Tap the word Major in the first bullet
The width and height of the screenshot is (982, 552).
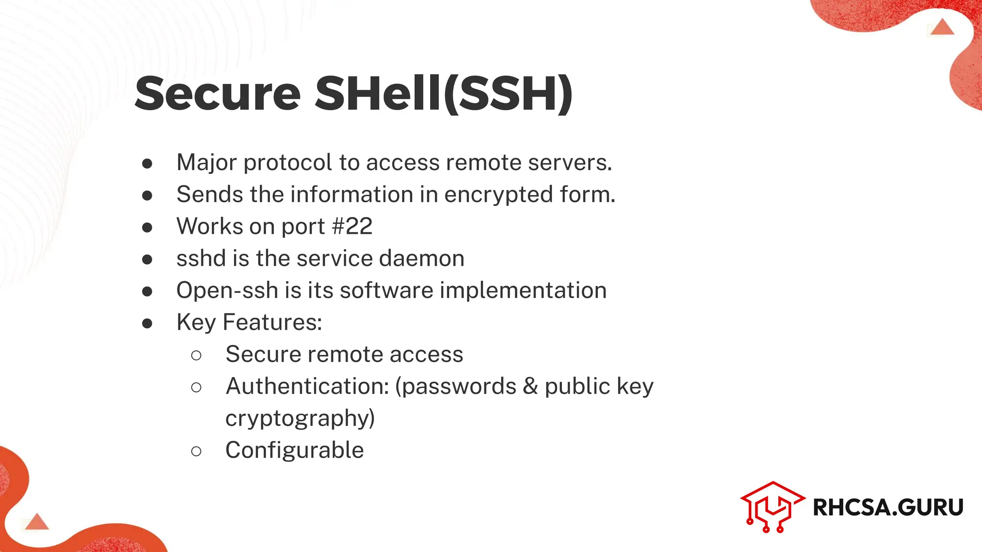207,163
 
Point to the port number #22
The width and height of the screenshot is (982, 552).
352,226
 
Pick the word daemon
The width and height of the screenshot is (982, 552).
421,258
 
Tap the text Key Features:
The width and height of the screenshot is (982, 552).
249,322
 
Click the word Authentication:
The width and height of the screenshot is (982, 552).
307,386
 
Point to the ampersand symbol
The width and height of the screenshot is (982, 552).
530,386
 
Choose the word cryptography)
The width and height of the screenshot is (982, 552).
300,418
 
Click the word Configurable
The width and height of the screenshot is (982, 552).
294,450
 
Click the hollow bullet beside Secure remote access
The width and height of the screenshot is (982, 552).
196,355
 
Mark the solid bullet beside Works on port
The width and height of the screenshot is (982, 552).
147,227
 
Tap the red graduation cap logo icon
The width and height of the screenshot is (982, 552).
772,507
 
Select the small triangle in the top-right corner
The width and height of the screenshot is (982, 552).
942,27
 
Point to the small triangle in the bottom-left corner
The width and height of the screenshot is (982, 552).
37,522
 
